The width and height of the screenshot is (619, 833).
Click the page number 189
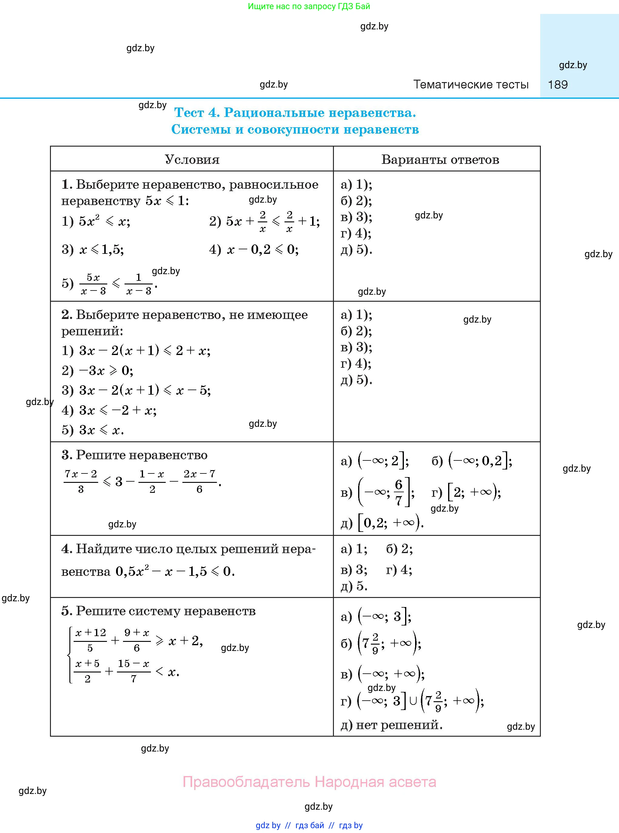click(557, 85)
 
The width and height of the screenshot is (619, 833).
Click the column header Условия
click(192, 160)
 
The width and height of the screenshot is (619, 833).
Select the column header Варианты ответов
click(440, 160)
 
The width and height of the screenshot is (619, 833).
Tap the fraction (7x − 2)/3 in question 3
click(81, 481)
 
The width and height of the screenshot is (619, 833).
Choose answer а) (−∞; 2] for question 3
click(375, 461)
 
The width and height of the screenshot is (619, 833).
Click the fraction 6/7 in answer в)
click(398, 492)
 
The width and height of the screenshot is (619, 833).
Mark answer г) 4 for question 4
click(399, 570)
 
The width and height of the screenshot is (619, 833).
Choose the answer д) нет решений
click(391, 725)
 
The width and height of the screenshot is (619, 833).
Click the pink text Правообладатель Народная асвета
click(309, 782)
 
